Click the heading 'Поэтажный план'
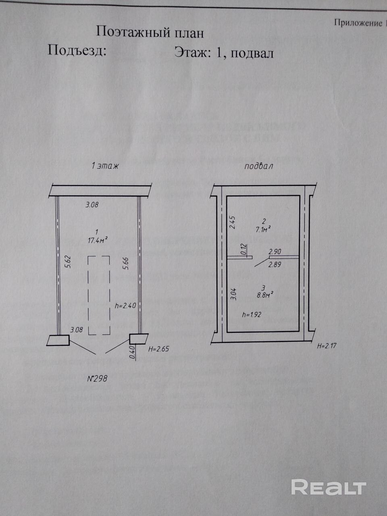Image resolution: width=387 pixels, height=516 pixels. tap(150, 32)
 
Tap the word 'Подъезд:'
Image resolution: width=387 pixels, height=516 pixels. tap(77, 51)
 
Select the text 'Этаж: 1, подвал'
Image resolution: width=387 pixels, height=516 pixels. tap(224, 53)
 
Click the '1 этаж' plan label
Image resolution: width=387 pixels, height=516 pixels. tap(105, 165)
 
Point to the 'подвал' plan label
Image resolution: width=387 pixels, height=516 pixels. tap(258, 166)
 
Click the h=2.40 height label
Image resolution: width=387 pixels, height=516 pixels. tap(125, 306)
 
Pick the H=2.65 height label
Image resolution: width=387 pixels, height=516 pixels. tap(158, 349)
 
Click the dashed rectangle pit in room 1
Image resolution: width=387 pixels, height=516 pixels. tap(99, 295)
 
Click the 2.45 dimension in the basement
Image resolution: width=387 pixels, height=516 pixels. tap(232, 223)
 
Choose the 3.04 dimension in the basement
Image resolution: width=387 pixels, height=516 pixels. tap(233, 293)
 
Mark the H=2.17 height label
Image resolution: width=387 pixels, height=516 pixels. tap(326, 346)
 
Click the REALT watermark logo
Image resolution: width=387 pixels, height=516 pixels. tap(329, 487)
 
